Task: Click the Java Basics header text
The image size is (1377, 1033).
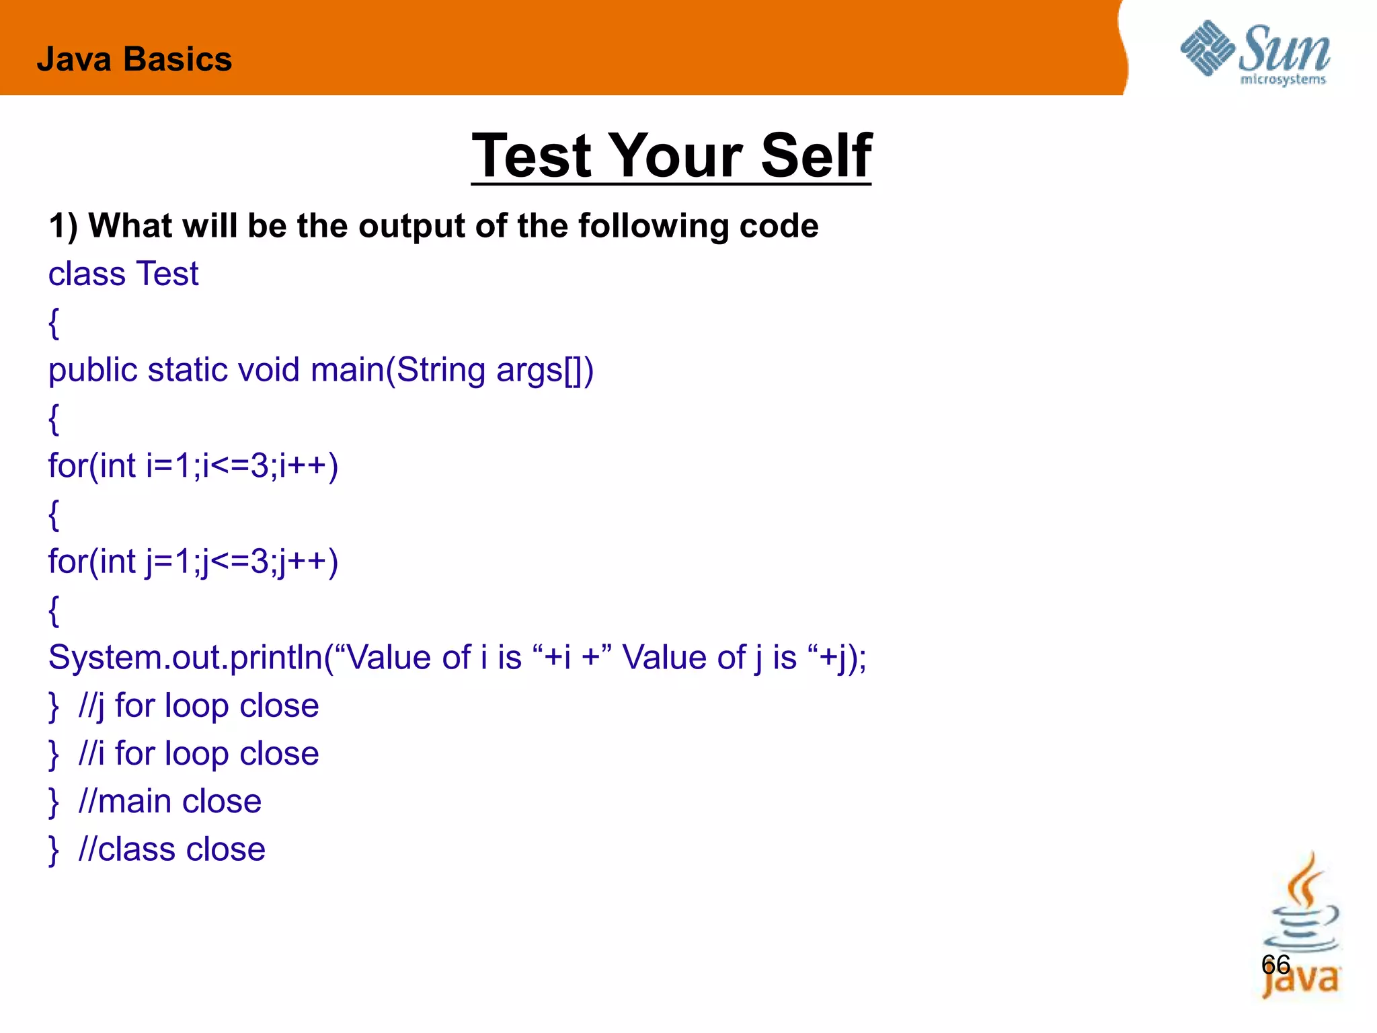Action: point(134,59)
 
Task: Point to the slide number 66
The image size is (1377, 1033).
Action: point(1275,964)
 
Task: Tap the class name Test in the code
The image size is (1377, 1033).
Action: point(167,274)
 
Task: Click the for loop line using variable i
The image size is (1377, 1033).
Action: point(194,465)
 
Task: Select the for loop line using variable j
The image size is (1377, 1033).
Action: point(194,561)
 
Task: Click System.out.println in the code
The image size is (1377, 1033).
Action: point(186,658)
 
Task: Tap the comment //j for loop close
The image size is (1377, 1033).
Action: point(198,705)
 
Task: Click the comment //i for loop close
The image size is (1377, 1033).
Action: point(198,753)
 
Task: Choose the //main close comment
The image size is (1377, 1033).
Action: point(169,801)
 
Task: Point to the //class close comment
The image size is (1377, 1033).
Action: point(171,849)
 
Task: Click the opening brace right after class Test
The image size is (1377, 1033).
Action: point(54,323)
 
